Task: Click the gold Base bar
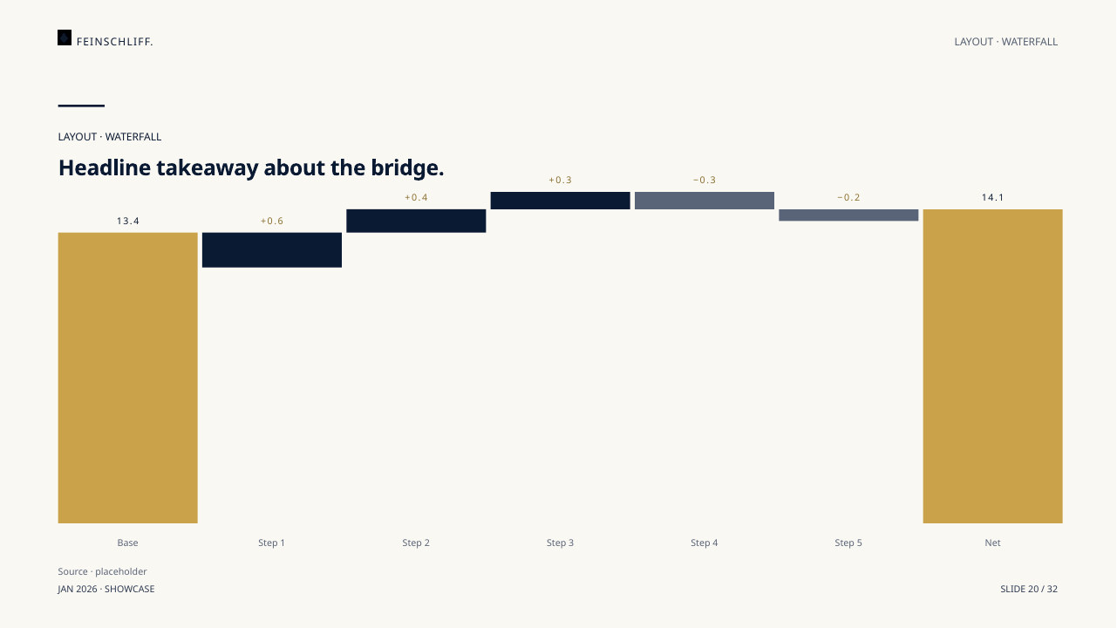pos(127,378)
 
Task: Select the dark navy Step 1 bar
pos(272,250)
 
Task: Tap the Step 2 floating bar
pos(416,221)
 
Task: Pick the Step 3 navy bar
pos(560,201)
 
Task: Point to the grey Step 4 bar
pos(704,201)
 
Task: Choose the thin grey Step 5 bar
pos(848,215)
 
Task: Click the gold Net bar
pos(992,366)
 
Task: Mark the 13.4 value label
pos(127,221)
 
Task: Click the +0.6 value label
pos(272,221)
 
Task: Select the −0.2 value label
pos(848,197)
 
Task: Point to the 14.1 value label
pos(992,197)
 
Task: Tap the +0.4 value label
pos(416,197)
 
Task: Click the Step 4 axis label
pos(704,543)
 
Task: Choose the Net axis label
pos(992,543)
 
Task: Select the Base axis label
pos(127,543)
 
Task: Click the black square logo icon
pos(65,38)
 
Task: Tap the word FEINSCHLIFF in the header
pos(113,42)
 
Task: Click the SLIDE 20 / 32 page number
pos(1029,589)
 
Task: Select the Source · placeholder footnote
pos(102,571)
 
